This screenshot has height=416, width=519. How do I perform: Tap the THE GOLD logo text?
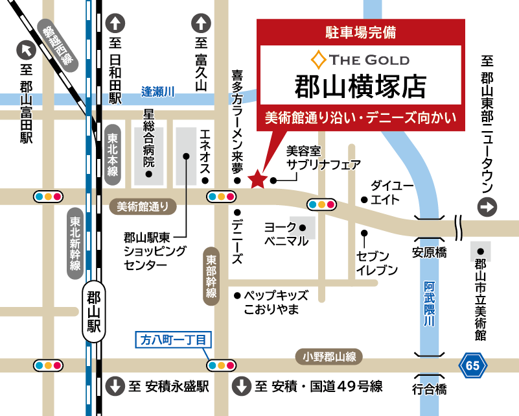[360, 60]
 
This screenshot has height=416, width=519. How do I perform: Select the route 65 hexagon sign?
[472, 365]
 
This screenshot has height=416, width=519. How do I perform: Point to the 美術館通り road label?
[146, 206]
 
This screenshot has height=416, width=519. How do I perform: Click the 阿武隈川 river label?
[429, 303]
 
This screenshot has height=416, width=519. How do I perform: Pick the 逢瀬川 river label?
[159, 92]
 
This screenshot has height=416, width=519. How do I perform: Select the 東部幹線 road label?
[211, 275]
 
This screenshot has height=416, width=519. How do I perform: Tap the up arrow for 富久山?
[201, 25]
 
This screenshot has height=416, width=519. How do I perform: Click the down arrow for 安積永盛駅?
[115, 387]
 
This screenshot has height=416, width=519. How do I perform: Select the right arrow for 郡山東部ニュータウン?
[487, 208]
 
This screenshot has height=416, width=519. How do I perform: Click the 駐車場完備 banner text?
[361, 31]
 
